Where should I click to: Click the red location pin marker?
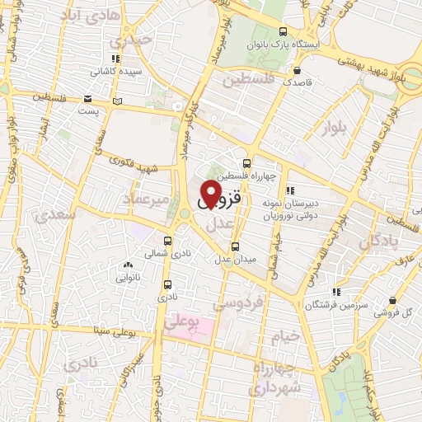[x=210, y=195]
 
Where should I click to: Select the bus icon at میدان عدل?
[x=235, y=246]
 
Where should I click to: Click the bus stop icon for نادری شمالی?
[x=168, y=241]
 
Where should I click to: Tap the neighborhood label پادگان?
[x=377, y=241]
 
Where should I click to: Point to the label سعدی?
[x=55, y=215]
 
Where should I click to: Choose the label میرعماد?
[x=145, y=199]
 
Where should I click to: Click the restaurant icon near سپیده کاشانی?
[x=115, y=59]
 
